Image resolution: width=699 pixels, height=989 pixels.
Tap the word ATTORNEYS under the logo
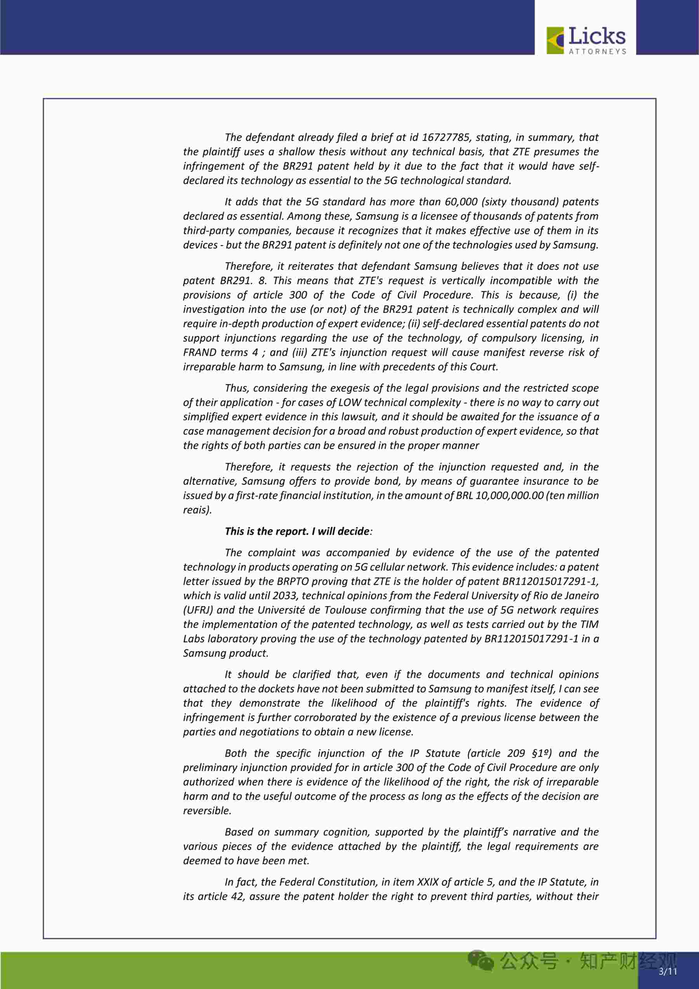click(597, 52)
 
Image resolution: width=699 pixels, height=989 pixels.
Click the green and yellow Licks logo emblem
click(555, 40)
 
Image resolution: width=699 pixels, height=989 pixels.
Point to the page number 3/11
click(668, 972)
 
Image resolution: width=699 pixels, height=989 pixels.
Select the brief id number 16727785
click(445, 138)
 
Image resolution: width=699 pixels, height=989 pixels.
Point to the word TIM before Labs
click(589, 624)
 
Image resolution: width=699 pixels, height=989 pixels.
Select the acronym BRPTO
click(293, 581)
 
